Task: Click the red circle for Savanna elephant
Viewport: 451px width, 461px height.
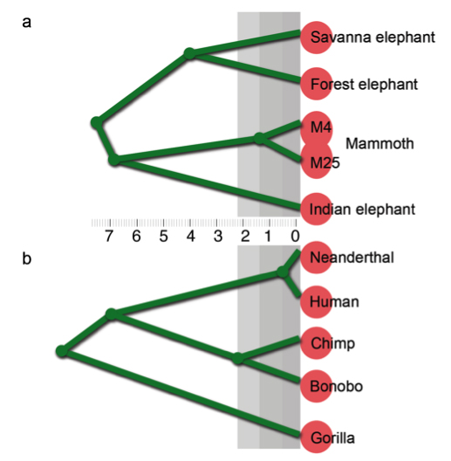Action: point(317,38)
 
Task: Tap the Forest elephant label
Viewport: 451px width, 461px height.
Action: point(364,85)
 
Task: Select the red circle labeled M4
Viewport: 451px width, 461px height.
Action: point(317,127)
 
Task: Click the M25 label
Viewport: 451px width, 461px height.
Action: point(325,162)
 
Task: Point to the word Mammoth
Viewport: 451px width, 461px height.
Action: point(379,144)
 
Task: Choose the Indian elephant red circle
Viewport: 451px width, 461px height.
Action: point(317,209)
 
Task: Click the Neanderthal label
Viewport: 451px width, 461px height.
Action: point(352,258)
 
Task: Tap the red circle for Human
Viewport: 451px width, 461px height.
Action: point(317,301)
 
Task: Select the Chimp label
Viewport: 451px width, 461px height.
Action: point(333,344)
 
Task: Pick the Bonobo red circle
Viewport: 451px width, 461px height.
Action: point(317,386)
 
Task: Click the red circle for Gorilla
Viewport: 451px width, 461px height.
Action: point(317,437)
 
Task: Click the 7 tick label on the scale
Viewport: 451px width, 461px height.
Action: point(109,236)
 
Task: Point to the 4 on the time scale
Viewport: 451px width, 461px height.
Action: point(191,236)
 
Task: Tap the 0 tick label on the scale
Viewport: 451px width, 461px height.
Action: point(295,236)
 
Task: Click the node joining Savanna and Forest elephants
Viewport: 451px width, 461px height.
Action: point(190,54)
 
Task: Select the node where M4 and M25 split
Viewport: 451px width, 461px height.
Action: point(260,138)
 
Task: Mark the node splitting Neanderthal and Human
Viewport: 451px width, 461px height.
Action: point(283,272)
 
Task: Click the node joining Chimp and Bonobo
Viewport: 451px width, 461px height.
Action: point(237,358)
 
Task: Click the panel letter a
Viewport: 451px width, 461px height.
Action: point(26,23)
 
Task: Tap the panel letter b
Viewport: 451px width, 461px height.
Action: point(26,258)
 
